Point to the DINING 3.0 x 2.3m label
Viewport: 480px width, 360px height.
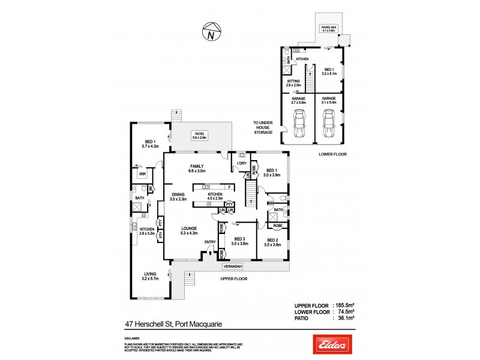pos(178,197)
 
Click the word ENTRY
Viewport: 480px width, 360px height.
pos(210,242)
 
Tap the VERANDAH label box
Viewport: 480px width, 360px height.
pos(234,265)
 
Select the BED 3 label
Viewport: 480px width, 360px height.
pos(239,242)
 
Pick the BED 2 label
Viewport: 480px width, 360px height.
pos(274,242)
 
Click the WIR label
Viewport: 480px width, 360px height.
pos(142,175)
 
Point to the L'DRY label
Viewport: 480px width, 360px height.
pos(242,164)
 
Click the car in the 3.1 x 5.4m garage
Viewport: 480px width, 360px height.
pos(328,123)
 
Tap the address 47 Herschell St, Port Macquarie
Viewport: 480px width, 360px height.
pos(174,324)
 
